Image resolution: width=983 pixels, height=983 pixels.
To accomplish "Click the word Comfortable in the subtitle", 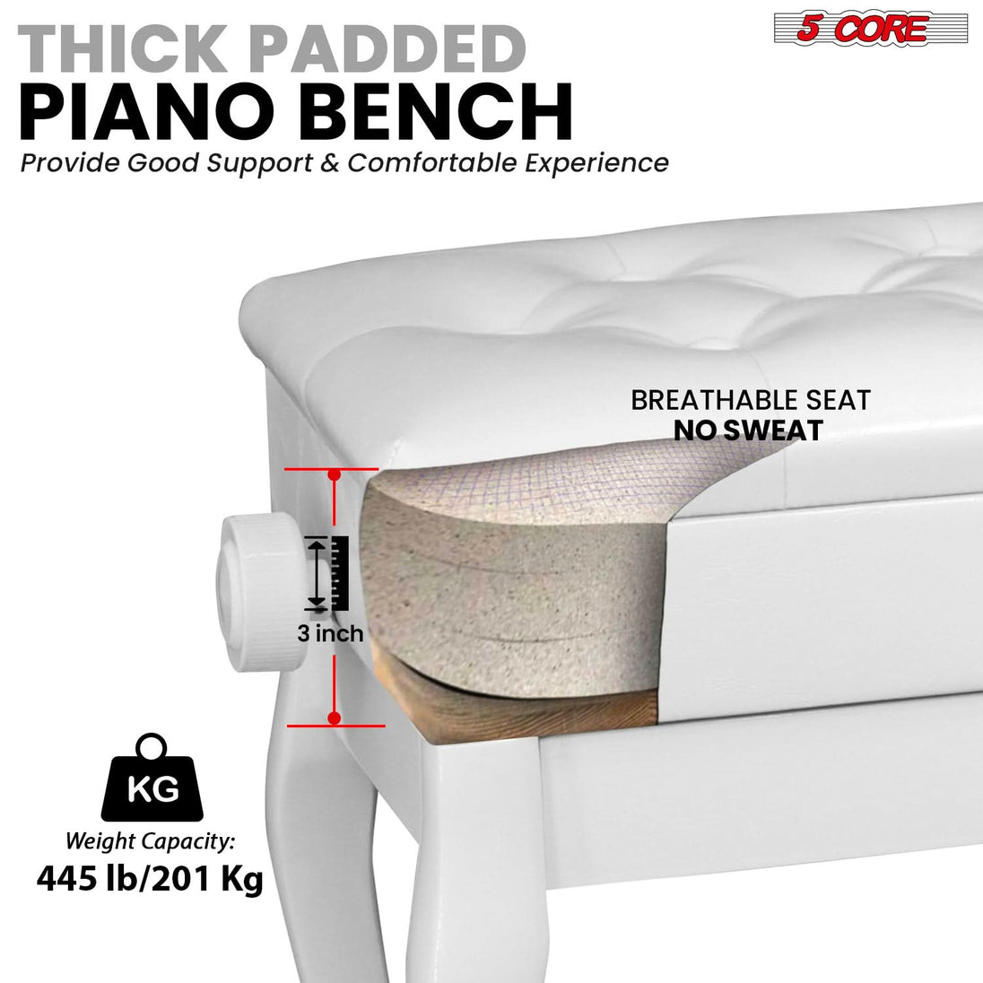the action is pos(432,163).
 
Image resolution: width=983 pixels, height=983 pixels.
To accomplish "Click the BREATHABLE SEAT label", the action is pos(751,400).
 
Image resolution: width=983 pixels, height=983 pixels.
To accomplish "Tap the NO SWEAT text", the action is pos(748,431).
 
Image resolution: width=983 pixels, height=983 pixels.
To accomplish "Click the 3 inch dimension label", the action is pos(330,633).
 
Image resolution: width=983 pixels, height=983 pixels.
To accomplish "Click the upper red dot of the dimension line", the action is pos(335,475).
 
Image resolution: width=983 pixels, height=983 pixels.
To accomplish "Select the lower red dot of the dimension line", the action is pos(335,718).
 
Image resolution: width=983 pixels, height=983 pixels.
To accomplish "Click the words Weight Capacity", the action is pos(150,841).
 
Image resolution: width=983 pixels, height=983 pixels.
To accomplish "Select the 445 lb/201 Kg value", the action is pos(150,879).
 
